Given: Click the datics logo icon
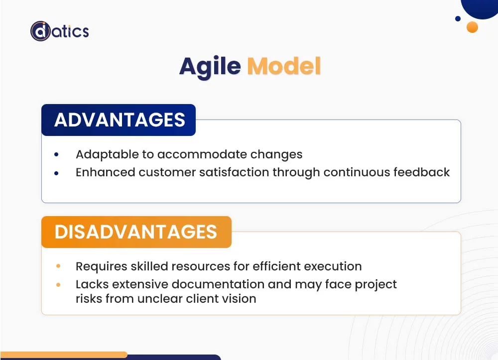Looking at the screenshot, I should coord(40,31).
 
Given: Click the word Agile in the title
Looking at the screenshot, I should coord(210,66).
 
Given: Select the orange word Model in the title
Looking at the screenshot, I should coord(284,66).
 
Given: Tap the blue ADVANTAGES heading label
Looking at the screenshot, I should coord(119,120).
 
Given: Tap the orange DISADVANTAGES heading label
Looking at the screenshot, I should coord(136,232).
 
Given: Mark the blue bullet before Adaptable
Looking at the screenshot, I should coord(56,155).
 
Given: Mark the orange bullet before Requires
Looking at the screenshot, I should coord(58,266).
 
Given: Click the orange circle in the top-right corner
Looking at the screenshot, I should coord(472,27).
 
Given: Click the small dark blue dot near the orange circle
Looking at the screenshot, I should coord(458,19).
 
